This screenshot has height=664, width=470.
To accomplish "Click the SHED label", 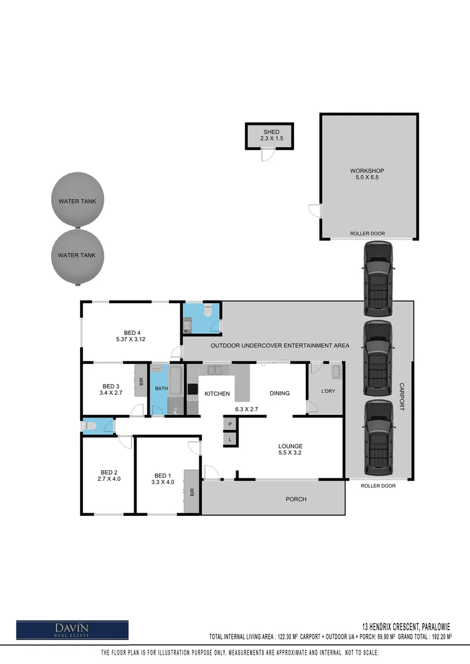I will click(x=271, y=135).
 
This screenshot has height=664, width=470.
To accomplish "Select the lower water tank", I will click(x=77, y=255).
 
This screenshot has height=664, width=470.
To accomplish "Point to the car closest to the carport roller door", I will click(x=378, y=438).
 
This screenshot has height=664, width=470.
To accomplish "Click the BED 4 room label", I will click(x=130, y=336).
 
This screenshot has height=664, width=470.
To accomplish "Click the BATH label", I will click(x=161, y=389).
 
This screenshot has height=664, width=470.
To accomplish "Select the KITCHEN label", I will click(x=217, y=393).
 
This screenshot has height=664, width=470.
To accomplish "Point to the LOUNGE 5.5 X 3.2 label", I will click(x=290, y=449).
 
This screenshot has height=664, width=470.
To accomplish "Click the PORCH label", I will click(x=296, y=499).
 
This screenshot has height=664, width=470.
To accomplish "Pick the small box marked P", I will click(x=229, y=424).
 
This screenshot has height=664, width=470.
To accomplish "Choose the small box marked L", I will click(x=229, y=439).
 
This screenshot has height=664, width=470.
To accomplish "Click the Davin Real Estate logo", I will click(x=72, y=630).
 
